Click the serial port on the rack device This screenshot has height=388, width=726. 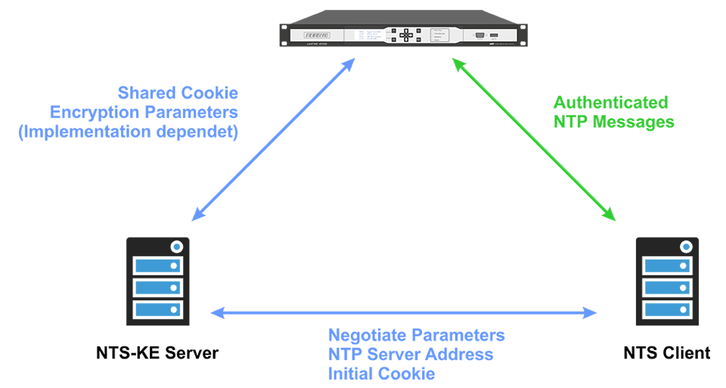click(x=479, y=35)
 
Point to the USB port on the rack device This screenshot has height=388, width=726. click(x=494, y=35)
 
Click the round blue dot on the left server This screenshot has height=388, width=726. click(x=176, y=247)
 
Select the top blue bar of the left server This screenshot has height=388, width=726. click(x=157, y=265)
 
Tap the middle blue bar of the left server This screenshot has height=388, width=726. click(x=157, y=287)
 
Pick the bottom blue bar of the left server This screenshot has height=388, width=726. click(x=157, y=309)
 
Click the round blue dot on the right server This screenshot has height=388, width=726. click(x=685, y=247)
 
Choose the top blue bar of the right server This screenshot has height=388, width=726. click(x=666, y=265)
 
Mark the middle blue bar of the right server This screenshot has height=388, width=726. click(x=666, y=287)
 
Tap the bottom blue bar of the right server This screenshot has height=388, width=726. click(x=666, y=309)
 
